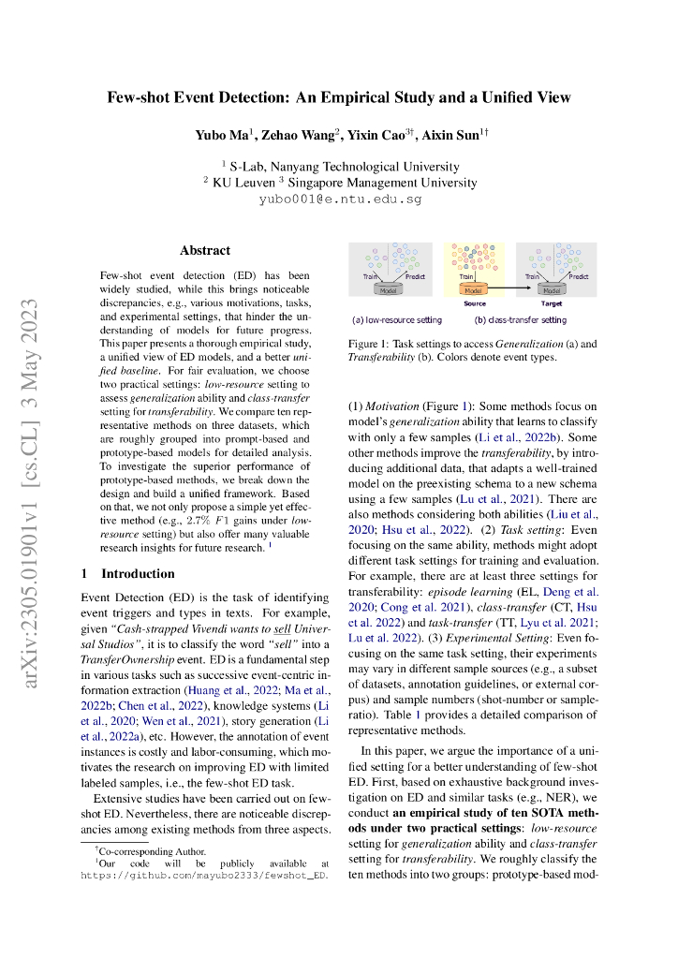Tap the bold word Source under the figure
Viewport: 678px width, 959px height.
[x=474, y=303]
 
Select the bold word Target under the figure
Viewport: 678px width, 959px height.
[x=552, y=303]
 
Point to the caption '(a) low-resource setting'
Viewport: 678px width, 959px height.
[x=391, y=320]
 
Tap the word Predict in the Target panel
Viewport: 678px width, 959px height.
[x=579, y=277]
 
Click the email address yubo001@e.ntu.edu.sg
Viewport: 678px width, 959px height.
[x=340, y=199]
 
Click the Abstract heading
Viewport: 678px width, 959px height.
[x=204, y=250]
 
